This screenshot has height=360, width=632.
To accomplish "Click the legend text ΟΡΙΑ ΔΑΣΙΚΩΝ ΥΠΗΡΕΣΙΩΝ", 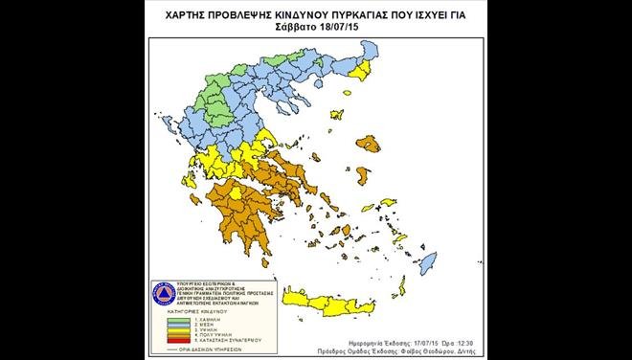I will (x=200, y=345).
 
